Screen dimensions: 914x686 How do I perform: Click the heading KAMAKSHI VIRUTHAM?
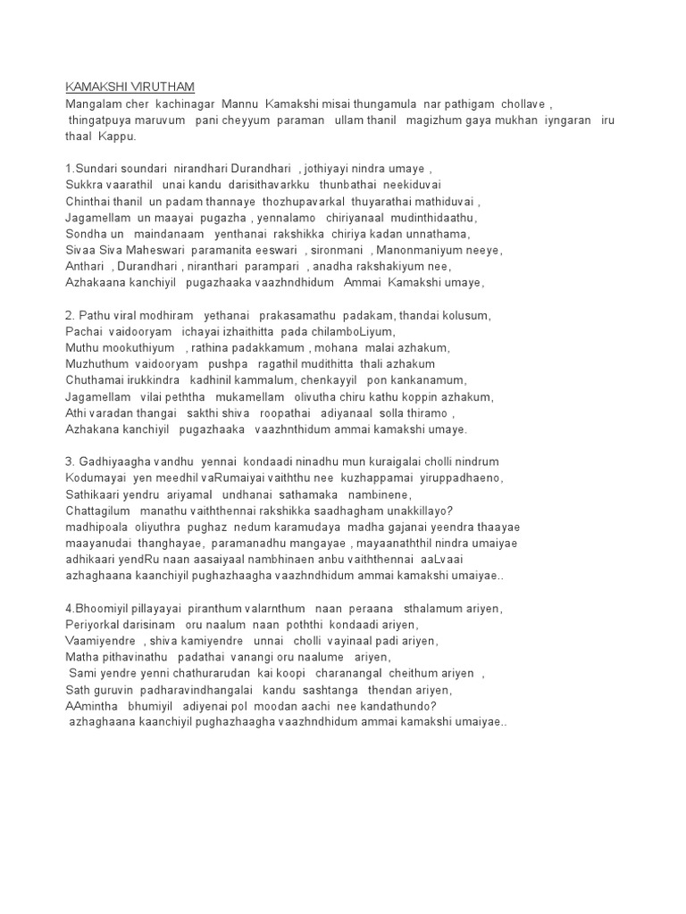pos(130,87)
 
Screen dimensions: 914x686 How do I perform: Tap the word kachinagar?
pos(183,104)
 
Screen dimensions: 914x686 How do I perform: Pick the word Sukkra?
pos(85,185)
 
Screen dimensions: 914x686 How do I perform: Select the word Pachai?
pos(84,331)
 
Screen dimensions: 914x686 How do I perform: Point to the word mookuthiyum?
pos(140,347)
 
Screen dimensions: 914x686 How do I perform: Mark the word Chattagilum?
pos(98,511)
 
